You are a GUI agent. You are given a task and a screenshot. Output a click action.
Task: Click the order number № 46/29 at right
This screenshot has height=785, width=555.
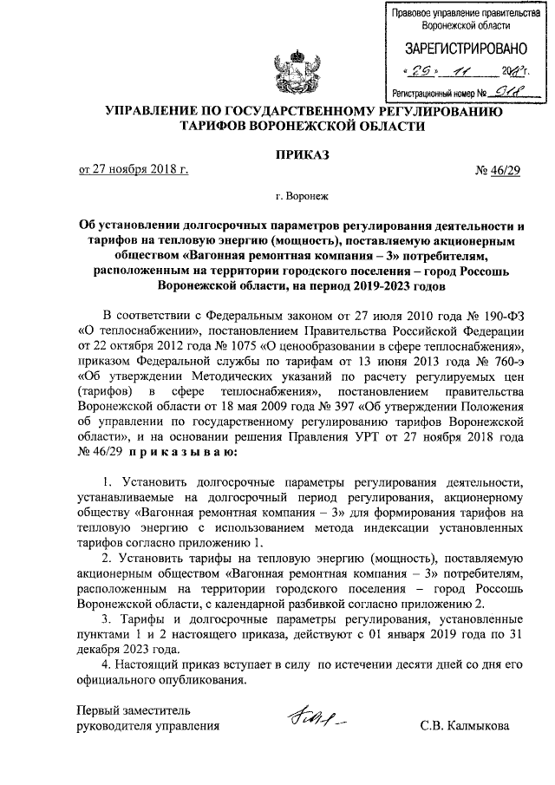[500, 168]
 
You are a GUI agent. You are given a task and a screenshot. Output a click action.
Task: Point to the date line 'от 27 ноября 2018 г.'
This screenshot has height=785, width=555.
[134, 168]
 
